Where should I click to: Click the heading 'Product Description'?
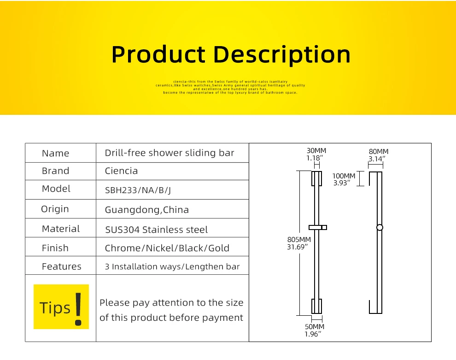231,54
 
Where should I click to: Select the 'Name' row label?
55,153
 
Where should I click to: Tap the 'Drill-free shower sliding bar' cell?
170,153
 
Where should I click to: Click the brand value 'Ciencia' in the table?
121,171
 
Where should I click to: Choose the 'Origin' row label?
55,209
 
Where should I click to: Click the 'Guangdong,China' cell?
146,210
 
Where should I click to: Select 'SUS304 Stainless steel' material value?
156,230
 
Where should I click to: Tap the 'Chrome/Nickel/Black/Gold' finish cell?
167,248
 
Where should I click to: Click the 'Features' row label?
61,266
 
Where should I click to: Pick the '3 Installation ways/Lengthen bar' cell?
172,267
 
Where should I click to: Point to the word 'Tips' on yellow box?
55,308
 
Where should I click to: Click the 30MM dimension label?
316,151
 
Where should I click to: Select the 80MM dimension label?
379,152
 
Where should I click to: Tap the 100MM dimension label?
344,176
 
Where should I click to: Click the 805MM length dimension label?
299,240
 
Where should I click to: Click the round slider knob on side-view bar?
380,227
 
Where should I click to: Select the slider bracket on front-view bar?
318,227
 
